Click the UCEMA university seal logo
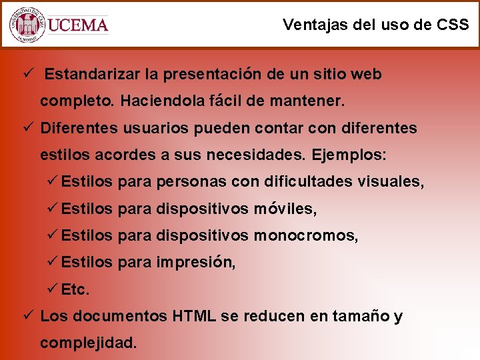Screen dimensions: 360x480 tap(27, 25)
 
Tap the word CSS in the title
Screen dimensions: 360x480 tap(452, 25)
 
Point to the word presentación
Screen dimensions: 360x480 tap(212, 74)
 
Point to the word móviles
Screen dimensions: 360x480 tap(285, 209)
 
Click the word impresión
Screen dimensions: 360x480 tap(195, 263)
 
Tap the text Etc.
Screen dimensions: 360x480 tap(75, 290)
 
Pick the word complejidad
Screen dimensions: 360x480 tap(89, 343)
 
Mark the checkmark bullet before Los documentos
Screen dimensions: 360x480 tap(27, 316)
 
